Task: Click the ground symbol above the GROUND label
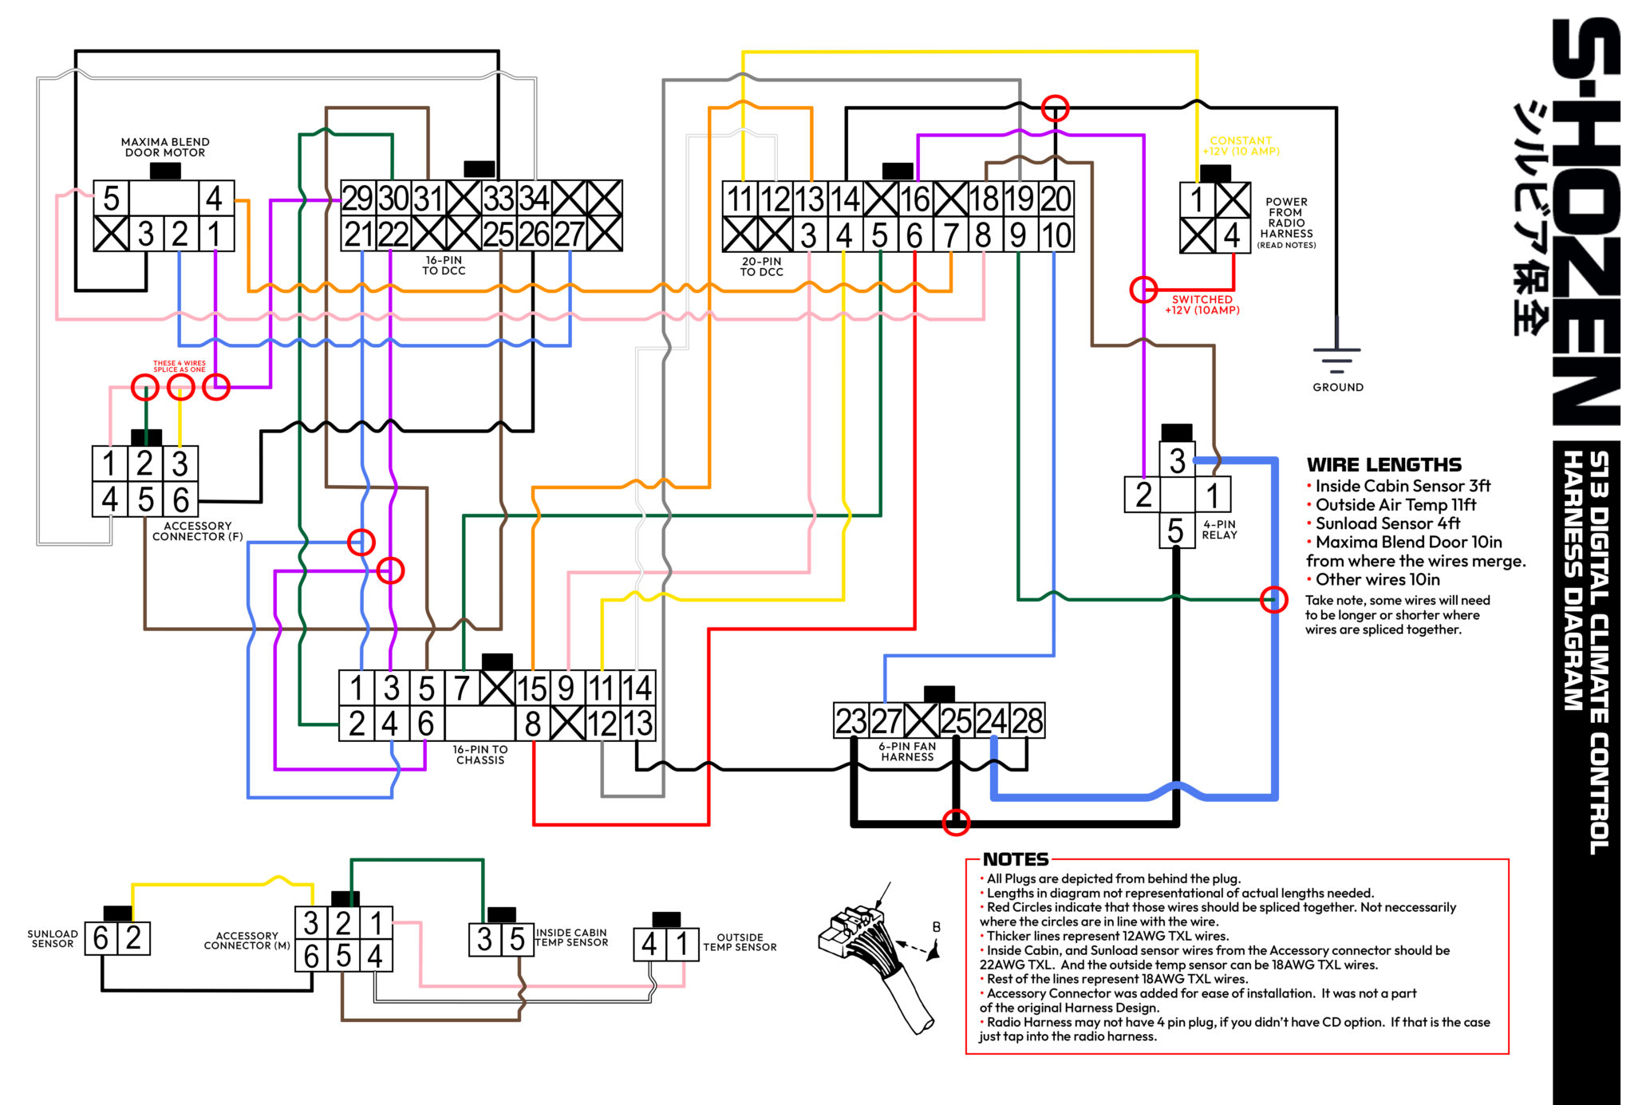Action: click(x=1336, y=359)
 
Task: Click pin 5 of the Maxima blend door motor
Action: click(x=111, y=198)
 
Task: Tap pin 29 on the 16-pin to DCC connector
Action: click(x=357, y=198)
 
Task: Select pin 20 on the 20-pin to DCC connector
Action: click(x=1056, y=199)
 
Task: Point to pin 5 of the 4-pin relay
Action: click(x=1175, y=531)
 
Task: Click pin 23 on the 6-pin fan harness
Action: click(x=851, y=721)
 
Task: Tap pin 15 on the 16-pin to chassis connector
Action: click(x=532, y=689)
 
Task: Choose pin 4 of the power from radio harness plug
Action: click(x=1232, y=235)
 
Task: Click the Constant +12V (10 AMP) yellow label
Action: click(x=1241, y=145)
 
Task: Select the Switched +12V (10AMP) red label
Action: click(x=1202, y=305)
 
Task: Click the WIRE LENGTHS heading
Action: click(x=1383, y=464)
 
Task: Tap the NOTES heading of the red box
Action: click(x=1015, y=859)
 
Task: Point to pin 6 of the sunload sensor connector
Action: click(x=101, y=938)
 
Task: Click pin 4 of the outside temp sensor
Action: click(x=649, y=945)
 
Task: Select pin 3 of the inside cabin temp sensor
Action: click(x=484, y=939)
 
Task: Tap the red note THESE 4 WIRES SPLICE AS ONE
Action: click(x=180, y=366)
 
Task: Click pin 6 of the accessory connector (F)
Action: click(x=181, y=500)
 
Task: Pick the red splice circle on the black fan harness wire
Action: click(x=956, y=822)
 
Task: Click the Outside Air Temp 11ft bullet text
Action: click(x=1395, y=505)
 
